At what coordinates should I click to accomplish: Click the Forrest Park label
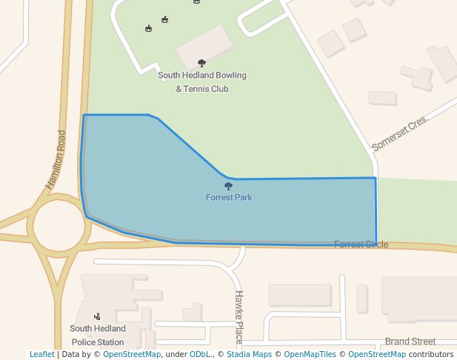pyautogui.click(x=229, y=198)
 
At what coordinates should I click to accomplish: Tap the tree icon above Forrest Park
pyautogui.click(x=228, y=187)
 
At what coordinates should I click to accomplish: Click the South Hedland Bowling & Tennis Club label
pyautogui.click(x=202, y=82)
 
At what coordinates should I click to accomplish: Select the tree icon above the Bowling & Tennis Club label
pyautogui.click(x=201, y=64)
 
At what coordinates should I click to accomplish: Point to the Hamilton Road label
pyautogui.click(x=56, y=159)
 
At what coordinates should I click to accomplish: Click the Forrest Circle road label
pyautogui.click(x=361, y=244)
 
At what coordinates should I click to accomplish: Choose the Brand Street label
pyautogui.click(x=410, y=341)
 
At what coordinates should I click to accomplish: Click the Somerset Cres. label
pyautogui.click(x=400, y=133)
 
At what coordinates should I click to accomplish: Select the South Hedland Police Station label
pyautogui.click(x=98, y=336)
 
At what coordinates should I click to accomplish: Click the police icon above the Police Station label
pyautogui.click(x=97, y=316)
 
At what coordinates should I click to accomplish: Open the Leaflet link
pyautogui.click(x=41, y=355)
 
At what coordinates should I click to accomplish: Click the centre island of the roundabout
pyautogui.click(x=59, y=225)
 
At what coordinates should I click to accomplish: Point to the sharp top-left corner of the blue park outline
pyautogui.click(x=84, y=116)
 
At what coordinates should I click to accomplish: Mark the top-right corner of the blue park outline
pyautogui.click(x=376, y=178)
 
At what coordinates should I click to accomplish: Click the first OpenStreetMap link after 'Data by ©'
pyautogui.click(x=132, y=355)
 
